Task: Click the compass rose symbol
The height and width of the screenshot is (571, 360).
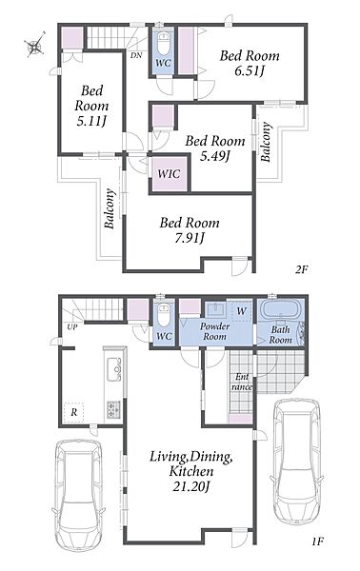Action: pyautogui.click(x=35, y=45)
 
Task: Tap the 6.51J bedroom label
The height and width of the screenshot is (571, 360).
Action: pyautogui.click(x=250, y=63)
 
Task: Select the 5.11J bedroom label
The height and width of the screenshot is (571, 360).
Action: pyautogui.click(x=91, y=106)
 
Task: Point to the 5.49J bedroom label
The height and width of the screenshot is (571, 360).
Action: pyautogui.click(x=215, y=148)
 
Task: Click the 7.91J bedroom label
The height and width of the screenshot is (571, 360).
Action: pyautogui.click(x=190, y=229)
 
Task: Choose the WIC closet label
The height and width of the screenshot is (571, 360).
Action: pyautogui.click(x=169, y=173)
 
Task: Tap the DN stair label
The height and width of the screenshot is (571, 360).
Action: pyautogui.click(x=136, y=56)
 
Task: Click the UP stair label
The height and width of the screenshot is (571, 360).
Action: pyautogui.click(x=72, y=327)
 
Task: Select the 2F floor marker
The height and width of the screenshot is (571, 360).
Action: pyautogui.click(x=302, y=270)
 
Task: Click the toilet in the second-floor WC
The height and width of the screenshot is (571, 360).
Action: pyautogui.click(x=163, y=42)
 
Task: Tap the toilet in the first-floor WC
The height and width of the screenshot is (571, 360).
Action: pyautogui.click(x=164, y=315)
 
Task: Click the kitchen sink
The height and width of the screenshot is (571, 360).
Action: pyautogui.click(x=114, y=369)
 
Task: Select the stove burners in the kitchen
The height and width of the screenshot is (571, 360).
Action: pyautogui.click(x=113, y=409)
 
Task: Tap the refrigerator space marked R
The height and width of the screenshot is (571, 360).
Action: pyautogui.click(x=74, y=413)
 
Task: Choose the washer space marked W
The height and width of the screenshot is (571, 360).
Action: pyautogui.click(x=241, y=311)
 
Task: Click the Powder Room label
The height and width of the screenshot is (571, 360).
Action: pyautogui.click(x=214, y=331)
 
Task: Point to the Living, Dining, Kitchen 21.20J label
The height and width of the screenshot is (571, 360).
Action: pyautogui.click(x=190, y=472)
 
